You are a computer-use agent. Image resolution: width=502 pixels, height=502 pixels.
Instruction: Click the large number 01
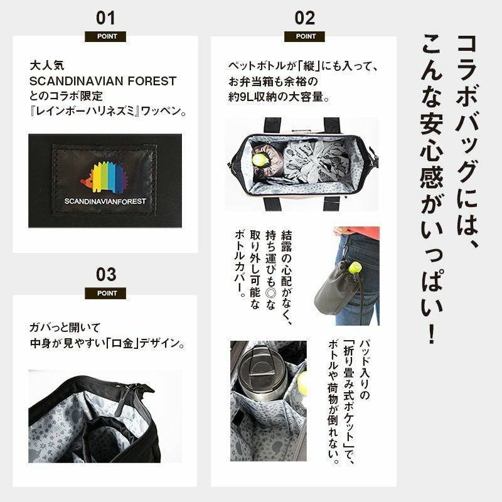coord(105,18)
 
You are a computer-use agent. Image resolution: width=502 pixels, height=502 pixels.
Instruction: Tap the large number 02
coord(304,18)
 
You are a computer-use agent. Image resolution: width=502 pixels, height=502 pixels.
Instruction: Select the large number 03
coord(105,275)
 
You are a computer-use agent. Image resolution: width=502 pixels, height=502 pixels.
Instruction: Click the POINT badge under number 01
coord(105,36)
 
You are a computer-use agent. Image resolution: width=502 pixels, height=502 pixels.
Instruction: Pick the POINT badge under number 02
coord(304,36)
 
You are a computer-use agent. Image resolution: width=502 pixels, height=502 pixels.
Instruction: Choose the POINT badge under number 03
coord(105,293)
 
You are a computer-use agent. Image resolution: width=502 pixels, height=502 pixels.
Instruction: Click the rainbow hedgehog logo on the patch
coord(104,178)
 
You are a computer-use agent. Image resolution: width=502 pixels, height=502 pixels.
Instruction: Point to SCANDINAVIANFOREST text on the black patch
coord(105,201)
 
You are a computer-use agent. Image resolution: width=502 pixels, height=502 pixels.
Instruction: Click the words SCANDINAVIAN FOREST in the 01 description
coord(103,82)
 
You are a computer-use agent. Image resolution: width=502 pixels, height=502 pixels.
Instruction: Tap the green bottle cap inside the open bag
coord(258,160)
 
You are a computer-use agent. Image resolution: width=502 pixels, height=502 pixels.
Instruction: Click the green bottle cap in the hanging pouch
coord(355,267)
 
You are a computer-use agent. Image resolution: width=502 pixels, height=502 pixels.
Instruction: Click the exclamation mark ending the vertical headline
coord(432,334)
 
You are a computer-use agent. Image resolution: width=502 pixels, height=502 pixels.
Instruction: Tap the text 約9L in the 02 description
coord(241,97)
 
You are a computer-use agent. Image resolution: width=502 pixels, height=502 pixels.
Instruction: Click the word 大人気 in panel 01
coord(46,66)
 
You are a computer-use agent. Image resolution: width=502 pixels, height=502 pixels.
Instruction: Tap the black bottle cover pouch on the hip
coord(339,288)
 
